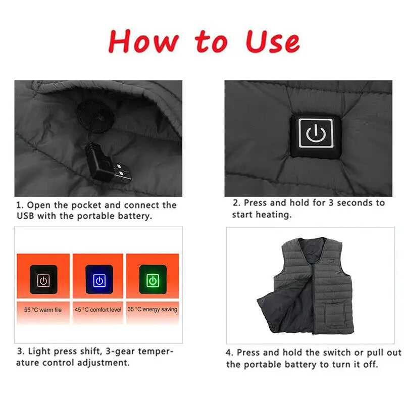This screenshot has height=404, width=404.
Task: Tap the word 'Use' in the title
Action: click(273, 42)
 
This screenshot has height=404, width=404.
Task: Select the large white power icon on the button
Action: click(316, 133)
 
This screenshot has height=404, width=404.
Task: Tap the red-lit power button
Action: click(43, 280)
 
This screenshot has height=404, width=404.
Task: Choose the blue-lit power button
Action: click(99, 280)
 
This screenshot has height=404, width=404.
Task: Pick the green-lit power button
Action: click(153, 280)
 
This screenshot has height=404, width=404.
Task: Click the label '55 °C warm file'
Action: click(43, 310)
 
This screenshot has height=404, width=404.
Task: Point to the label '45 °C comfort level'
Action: click(98, 310)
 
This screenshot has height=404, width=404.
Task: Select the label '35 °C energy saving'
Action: click(153, 309)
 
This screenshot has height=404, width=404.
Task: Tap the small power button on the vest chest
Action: click(331, 261)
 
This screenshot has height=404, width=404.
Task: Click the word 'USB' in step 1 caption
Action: click(25, 216)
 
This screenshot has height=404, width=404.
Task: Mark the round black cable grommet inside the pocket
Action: click(95, 117)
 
